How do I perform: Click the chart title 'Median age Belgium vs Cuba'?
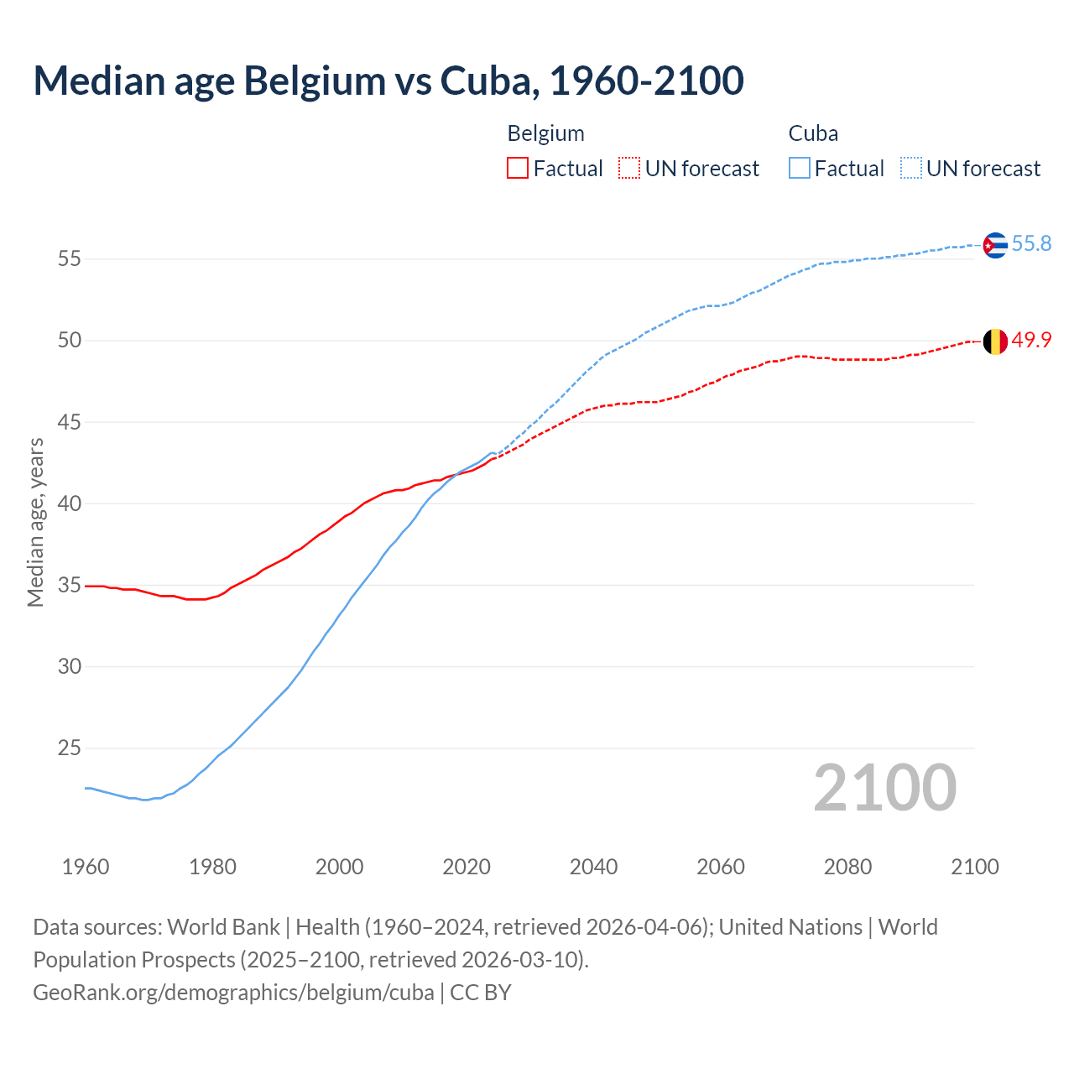coord(388,81)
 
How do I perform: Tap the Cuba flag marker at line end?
coord(994,245)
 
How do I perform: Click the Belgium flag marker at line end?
coord(994,341)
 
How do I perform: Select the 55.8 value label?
coord(1031,244)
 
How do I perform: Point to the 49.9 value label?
coord(1031,341)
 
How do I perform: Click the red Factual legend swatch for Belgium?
coord(518,169)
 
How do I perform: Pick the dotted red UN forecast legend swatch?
coord(629,169)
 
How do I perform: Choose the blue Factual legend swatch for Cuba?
coord(800,169)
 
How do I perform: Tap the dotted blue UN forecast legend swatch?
coord(911,169)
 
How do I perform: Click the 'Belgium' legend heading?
coord(545,133)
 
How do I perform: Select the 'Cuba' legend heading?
coord(813,133)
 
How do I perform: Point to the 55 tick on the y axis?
coord(69,259)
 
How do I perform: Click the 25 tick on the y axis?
coord(69,748)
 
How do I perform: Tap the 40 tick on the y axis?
coord(69,503)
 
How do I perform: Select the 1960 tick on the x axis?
coord(86,867)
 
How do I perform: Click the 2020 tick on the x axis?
coord(467,867)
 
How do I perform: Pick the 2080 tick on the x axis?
coord(847,867)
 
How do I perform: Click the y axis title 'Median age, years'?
coord(35,522)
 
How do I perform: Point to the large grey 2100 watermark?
coord(884,788)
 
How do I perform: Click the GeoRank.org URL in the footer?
coord(233,993)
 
